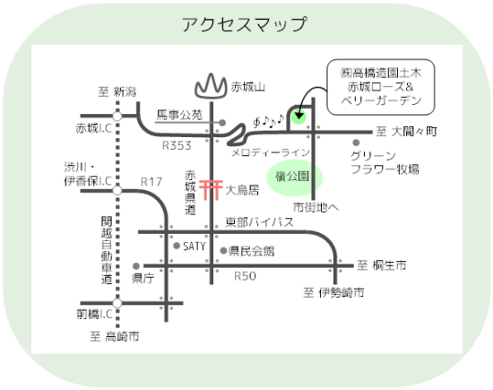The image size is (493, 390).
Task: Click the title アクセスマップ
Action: pos(244,24)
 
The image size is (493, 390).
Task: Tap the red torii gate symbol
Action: pos(211,189)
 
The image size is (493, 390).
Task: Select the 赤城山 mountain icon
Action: pos(211,85)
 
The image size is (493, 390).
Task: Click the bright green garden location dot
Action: pos(298,117)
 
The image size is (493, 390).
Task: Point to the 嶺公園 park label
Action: pos(292,177)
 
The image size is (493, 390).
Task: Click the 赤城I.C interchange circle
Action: pos(117,116)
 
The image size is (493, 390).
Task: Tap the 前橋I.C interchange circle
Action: pos(117,303)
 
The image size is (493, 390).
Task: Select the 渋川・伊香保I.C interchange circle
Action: pos(117,190)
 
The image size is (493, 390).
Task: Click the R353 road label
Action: pos(177,145)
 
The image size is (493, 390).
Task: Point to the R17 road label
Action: pos(151,182)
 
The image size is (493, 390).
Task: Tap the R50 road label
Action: pos(246,276)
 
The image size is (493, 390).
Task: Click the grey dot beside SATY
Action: pos(177,246)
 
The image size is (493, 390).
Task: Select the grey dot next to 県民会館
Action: pos(223,251)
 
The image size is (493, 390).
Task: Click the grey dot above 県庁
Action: pos(136,266)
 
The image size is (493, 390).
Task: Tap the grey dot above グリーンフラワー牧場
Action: pos(356,143)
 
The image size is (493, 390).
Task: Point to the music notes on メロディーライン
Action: pos(269,121)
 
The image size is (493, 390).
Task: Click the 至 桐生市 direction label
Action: pos(381,265)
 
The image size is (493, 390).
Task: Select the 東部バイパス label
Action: pos(260,222)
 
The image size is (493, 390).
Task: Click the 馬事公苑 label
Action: pos(179,115)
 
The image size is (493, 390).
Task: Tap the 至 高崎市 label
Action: pos(115,336)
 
